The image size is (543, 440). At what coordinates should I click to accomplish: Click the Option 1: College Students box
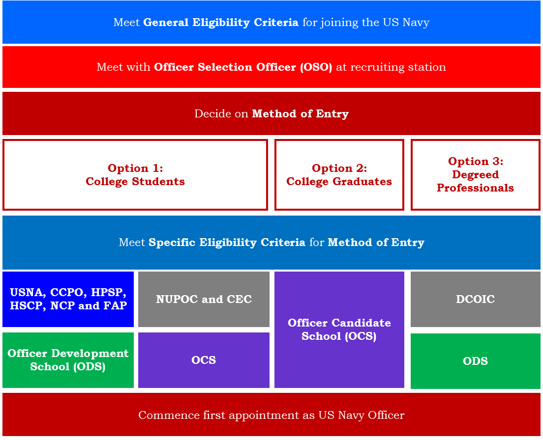135,175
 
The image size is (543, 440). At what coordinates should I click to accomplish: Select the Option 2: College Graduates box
339,175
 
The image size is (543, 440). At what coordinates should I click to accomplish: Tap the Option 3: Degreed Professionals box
475,175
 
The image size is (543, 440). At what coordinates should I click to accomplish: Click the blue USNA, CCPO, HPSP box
68,299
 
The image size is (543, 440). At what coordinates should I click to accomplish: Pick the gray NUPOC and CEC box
204,299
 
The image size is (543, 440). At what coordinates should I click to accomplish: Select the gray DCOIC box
475,299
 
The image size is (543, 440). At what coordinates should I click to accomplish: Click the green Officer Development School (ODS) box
68,360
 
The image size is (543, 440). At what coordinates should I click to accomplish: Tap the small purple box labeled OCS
204,360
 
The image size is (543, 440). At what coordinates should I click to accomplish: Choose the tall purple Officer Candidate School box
339,330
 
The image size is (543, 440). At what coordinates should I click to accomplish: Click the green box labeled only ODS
475,361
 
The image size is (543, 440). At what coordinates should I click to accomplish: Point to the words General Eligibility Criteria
220,23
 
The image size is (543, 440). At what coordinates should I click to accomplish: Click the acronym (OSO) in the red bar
316,67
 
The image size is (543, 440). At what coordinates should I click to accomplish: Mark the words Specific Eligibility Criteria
227,243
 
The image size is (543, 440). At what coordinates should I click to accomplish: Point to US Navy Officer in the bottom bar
361,415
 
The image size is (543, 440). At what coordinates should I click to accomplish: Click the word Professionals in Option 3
475,188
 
